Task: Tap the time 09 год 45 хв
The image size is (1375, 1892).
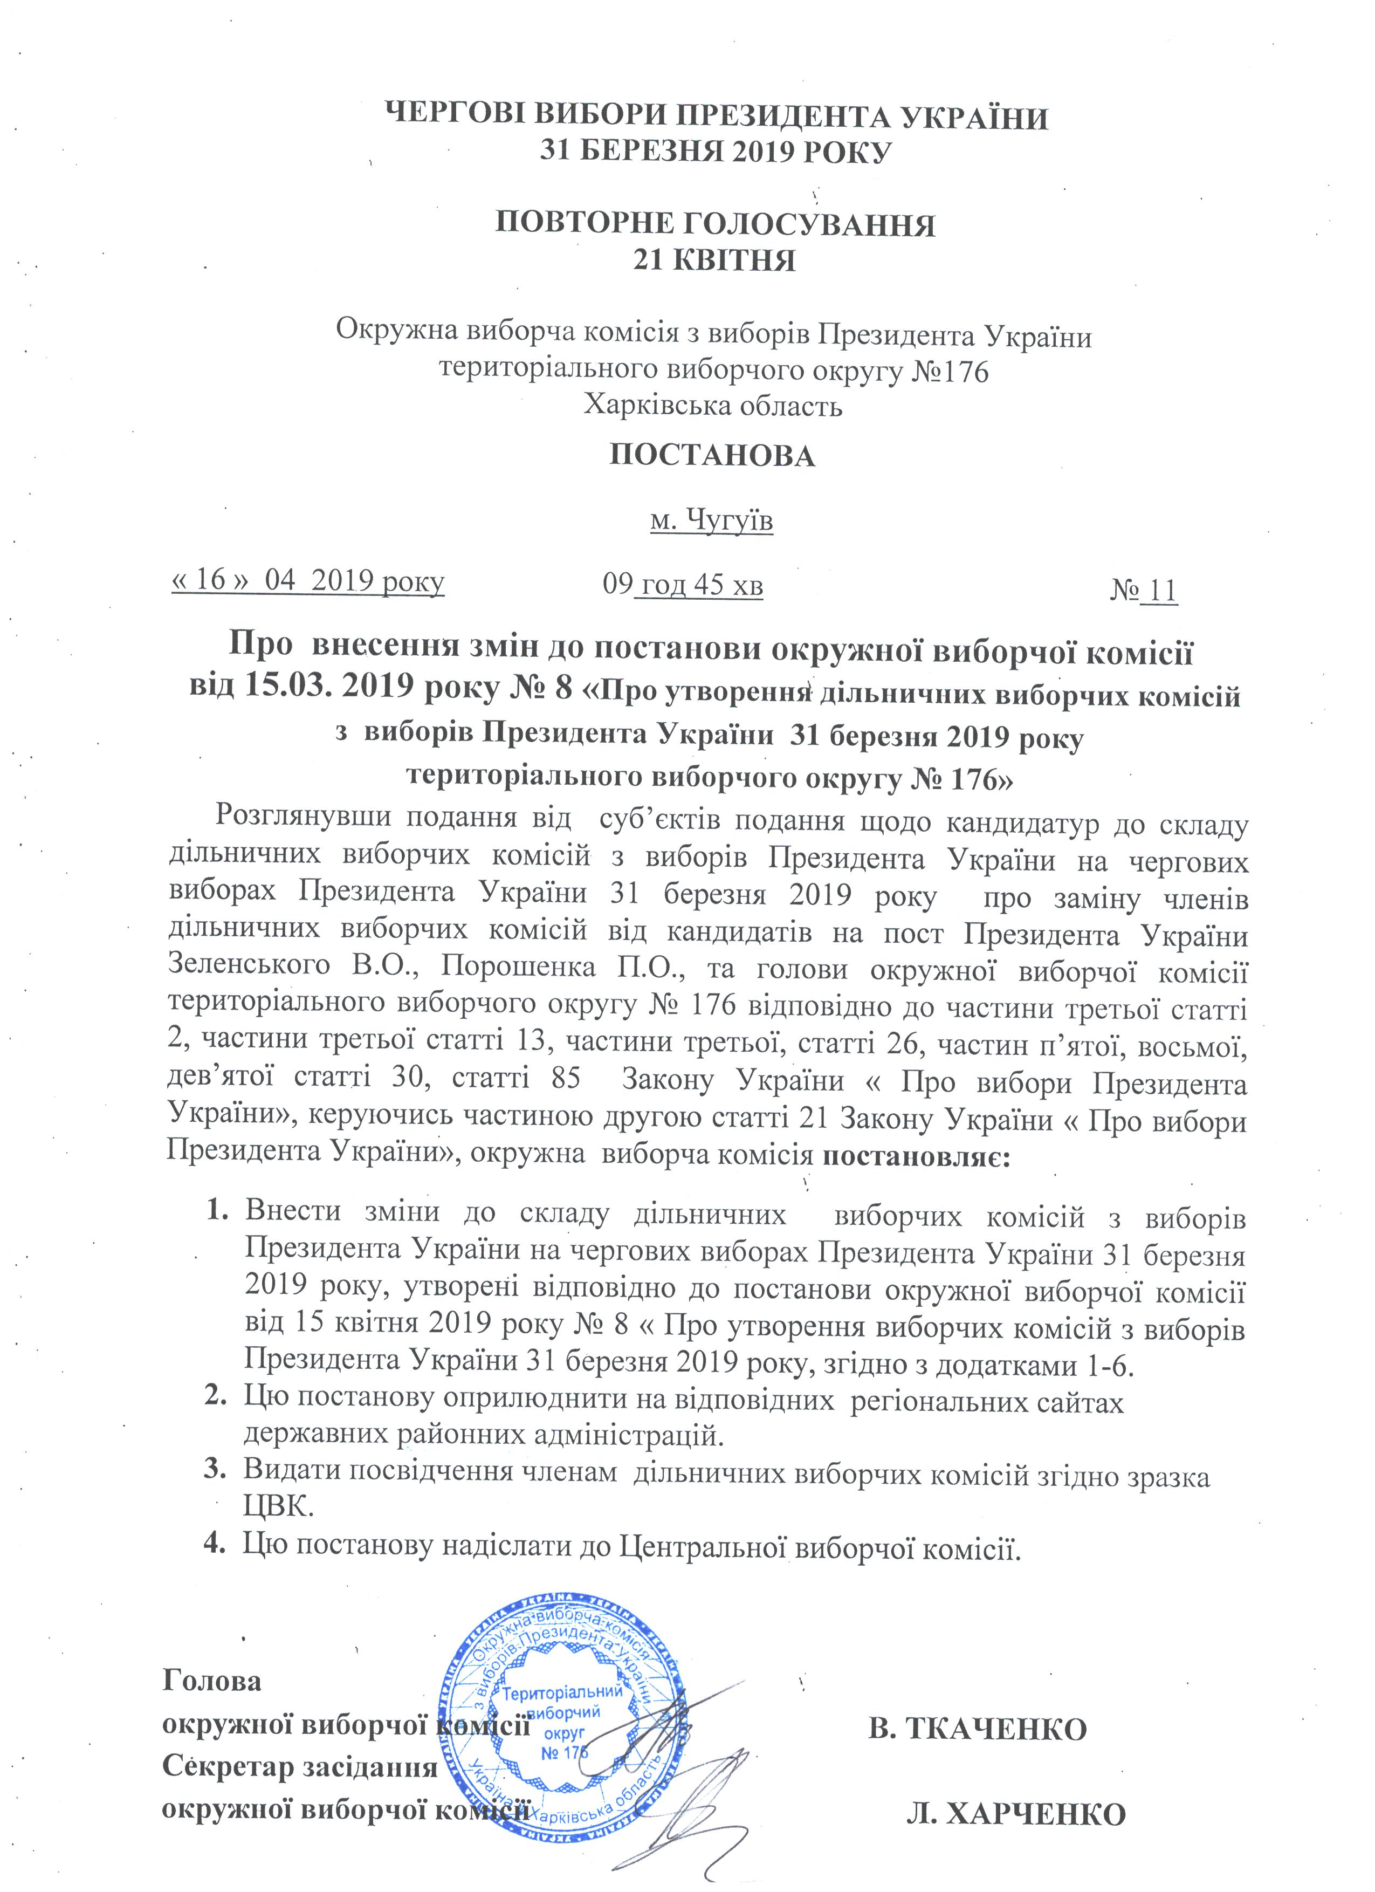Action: pyautogui.click(x=682, y=585)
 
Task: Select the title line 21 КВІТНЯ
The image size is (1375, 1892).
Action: pyautogui.click(x=714, y=261)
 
